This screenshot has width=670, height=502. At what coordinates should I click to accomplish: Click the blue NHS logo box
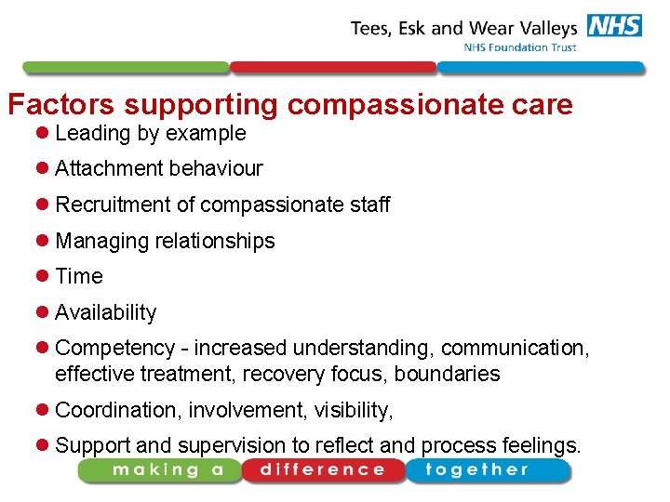[613, 26]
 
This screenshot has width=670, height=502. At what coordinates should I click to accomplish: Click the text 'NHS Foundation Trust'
[520, 47]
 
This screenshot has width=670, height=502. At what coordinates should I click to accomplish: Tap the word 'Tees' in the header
[368, 28]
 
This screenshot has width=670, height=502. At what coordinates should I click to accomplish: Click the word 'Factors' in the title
[61, 104]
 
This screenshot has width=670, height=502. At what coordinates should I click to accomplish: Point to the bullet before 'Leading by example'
[43, 134]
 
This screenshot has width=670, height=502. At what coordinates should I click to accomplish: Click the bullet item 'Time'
[79, 276]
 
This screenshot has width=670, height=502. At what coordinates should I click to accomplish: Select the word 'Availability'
[105, 312]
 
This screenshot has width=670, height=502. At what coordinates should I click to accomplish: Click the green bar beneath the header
[126, 68]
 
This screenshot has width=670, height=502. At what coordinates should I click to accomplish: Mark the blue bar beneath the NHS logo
[540, 68]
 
